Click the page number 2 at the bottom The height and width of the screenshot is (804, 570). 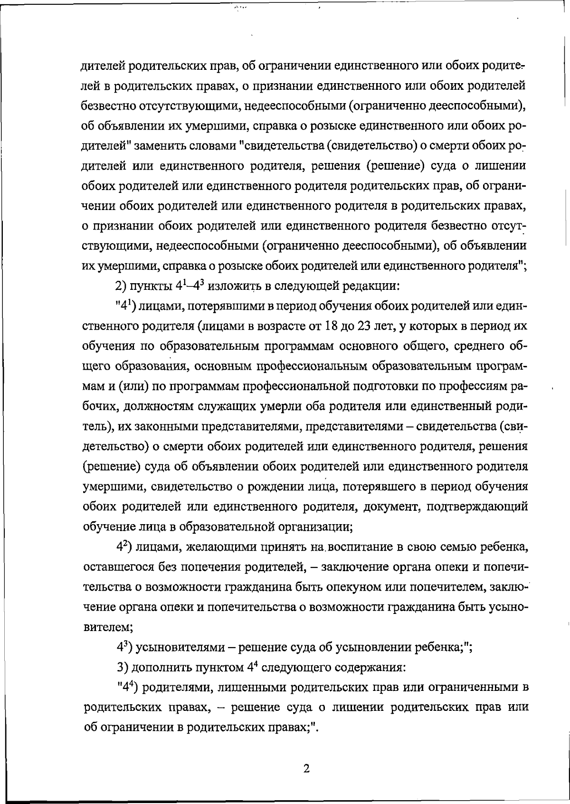click(x=306, y=769)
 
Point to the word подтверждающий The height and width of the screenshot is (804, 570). click(x=478, y=507)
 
